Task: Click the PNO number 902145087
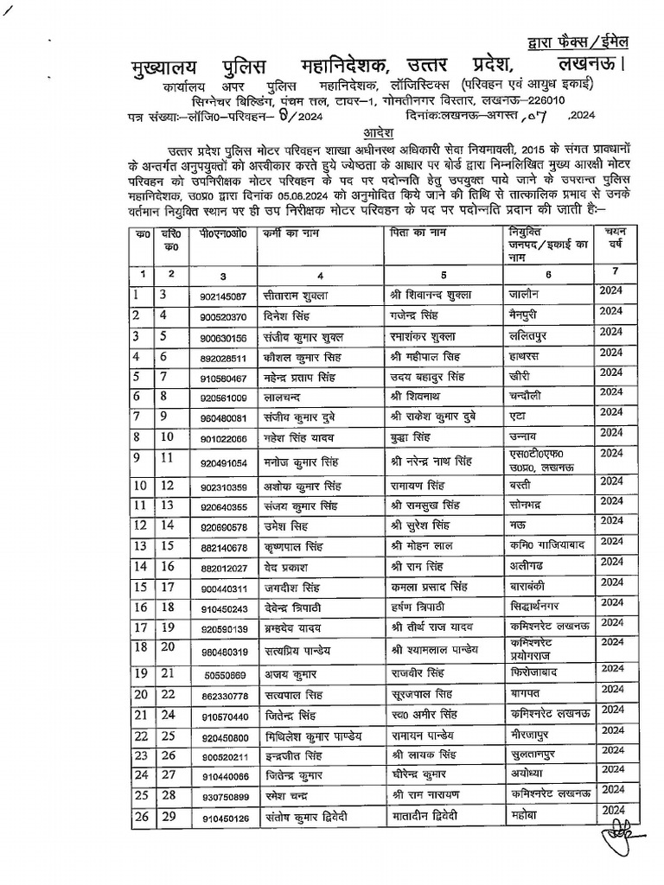[x=224, y=296]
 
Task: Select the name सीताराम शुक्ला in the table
[x=297, y=296]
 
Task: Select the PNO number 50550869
[x=224, y=674]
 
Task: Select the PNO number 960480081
[x=224, y=417]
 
